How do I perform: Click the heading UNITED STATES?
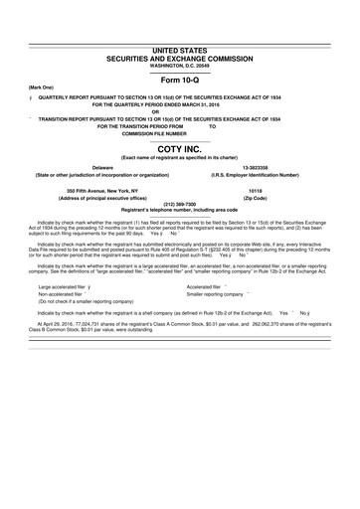coord(180,48)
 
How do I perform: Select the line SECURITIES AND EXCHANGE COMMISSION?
coord(180,56)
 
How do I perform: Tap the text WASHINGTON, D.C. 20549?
coord(180,63)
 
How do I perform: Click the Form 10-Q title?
coord(180,79)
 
